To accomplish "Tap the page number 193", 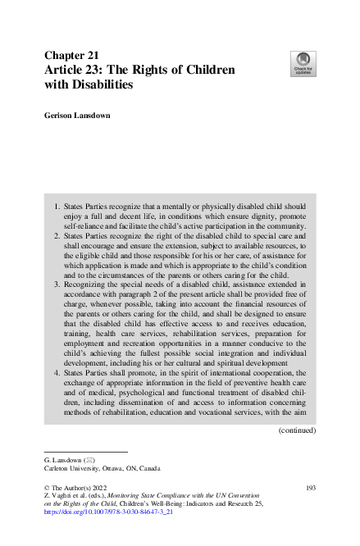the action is click(x=310, y=489).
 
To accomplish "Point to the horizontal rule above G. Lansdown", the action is click(x=85, y=451).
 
